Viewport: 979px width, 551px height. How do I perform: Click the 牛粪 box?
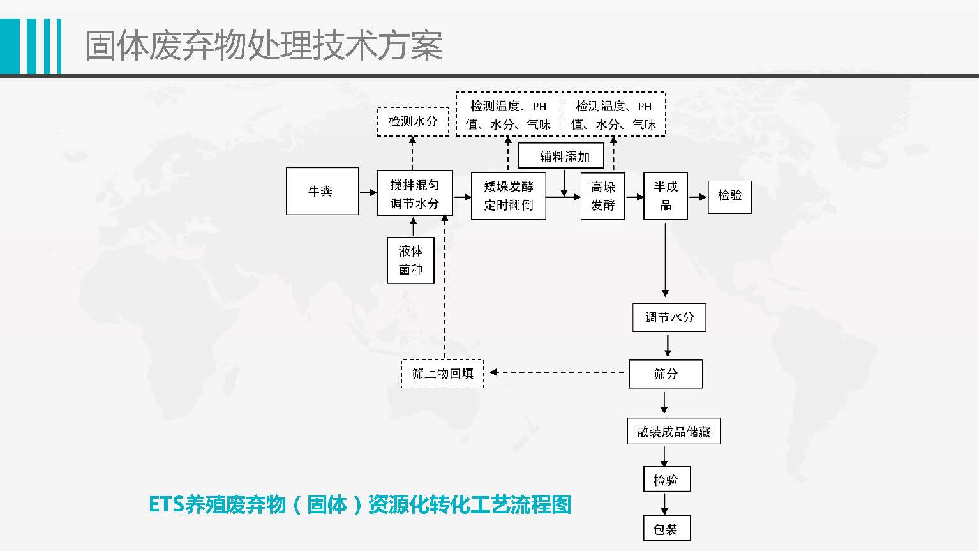[x=322, y=191]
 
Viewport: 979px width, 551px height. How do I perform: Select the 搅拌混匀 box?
[x=414, y=193]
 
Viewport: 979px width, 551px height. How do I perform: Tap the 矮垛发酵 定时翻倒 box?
[x=508, y=195]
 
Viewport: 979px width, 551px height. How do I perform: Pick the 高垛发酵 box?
[x=602, y=195]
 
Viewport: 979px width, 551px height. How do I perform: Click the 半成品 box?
[x=665, y=195]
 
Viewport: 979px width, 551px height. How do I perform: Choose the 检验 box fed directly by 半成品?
[x=729, y=195]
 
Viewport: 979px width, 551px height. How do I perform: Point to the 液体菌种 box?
[x=410, y=260]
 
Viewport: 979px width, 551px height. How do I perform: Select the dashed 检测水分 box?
[x=412, y=121]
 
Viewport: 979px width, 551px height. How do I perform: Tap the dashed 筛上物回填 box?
[x=442, y=374]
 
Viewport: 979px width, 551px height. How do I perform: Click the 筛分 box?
[x=665, y=374]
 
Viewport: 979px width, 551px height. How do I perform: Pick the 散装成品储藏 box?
[x=673, y=432]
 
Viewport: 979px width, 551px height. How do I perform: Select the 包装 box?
[x=666, y=529]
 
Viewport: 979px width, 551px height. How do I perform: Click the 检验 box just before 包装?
[x=666, y=479]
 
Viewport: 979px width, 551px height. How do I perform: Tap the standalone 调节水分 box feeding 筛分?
[x=669, y=317]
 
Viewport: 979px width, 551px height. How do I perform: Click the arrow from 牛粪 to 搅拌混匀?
[x=368, y=192]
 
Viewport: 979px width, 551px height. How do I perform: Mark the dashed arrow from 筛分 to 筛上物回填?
[x=556, y=372]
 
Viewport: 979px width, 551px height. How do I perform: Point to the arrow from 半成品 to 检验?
[x=698, y=197]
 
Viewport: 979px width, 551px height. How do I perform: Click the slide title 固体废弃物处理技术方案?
[x=264, y=46]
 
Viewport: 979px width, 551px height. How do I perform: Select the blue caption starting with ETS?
[x=360, y=504]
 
